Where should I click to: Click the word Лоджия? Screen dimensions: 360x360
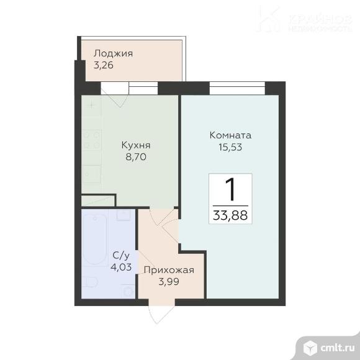(x=112, y=53)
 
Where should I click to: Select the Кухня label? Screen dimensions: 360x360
(x=136, y=145)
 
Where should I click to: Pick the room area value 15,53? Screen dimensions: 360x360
(x=230, y=148)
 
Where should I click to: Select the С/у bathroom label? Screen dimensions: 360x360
(x=121, y=256)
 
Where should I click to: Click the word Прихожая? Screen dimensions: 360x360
(x=169, y=270)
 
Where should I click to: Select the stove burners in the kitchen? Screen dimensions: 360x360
(x=91, y=140)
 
